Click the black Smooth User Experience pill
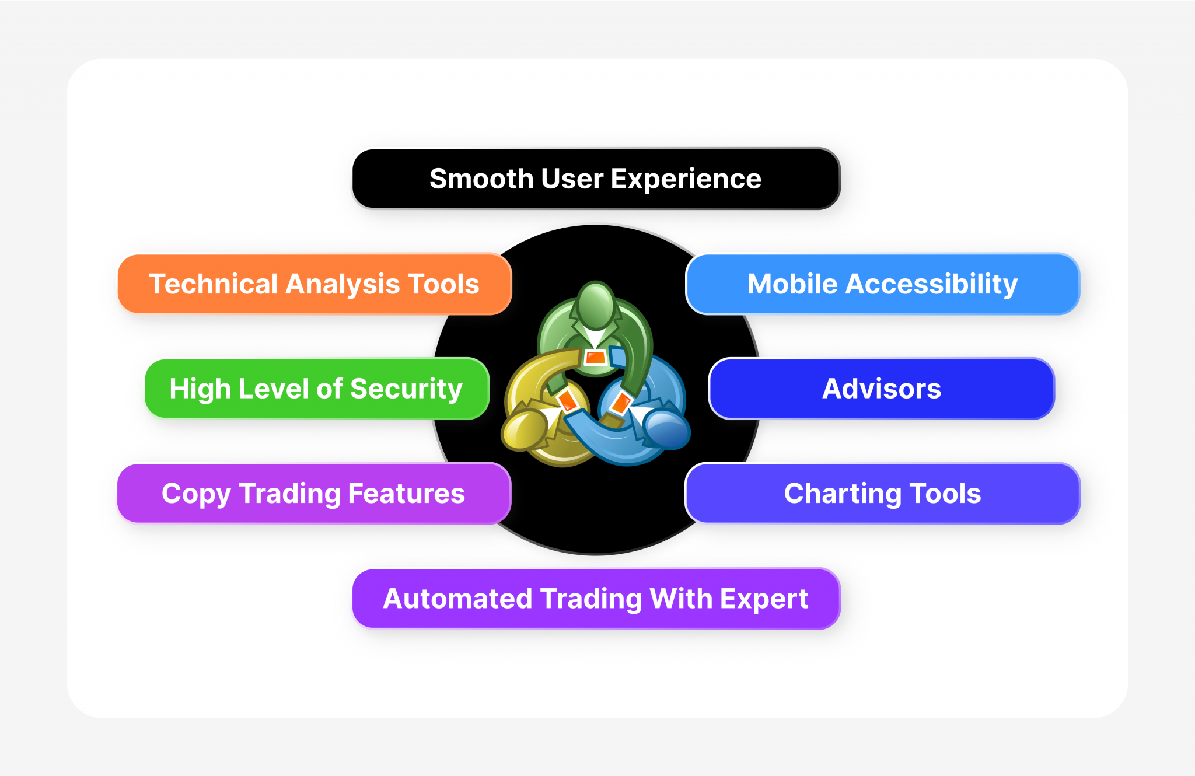[x=595, y=179]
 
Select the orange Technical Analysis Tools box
[x=314, y=284]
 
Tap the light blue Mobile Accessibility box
[x=882, y=284]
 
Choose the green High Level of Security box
[x=316, y=389]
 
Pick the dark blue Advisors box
[x=881, y=389]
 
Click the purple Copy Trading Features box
[x=314, y=494]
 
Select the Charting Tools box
[x=882, y=494]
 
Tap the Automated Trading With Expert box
[x=595, y=599]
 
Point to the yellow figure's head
[x=523, y=431]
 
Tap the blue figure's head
[x=667, y=431]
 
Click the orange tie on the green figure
[x=595, y=357]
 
